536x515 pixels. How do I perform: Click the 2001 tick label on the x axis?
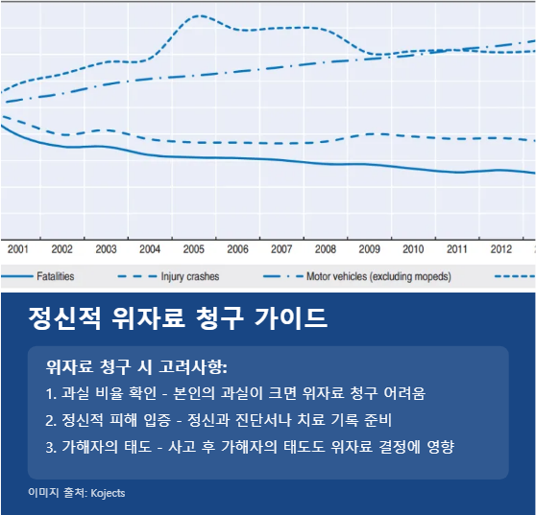point(18,249)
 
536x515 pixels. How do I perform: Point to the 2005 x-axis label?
point(194,249)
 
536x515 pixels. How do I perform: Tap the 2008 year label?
point(326,249)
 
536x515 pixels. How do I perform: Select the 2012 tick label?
point(501,249)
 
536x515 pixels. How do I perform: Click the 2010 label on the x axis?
point(413,249)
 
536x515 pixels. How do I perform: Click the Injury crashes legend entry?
point(189,276)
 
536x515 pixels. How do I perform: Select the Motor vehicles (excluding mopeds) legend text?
point(378,276)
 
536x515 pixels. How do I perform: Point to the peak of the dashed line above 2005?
point(198,16)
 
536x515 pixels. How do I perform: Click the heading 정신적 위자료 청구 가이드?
point(178,317)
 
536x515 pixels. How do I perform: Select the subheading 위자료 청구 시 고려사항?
point(135,366)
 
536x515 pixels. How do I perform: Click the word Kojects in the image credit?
point(107,493)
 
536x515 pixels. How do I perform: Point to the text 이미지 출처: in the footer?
point(57,493)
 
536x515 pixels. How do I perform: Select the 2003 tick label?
point(106,249)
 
